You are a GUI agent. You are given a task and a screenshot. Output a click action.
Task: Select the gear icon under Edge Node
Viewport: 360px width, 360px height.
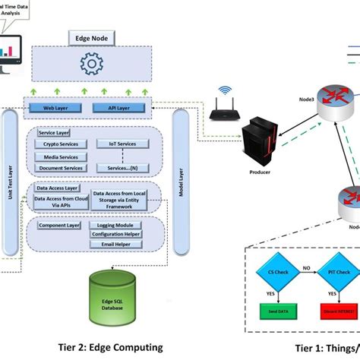(92, 64)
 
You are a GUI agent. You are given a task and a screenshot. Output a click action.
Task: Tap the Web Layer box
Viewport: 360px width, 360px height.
(59, 109)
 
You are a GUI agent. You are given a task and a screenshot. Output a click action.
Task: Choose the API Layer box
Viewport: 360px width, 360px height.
(123, 109)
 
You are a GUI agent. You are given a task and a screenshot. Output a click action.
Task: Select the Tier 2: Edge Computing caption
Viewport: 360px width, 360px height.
(111, 347)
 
